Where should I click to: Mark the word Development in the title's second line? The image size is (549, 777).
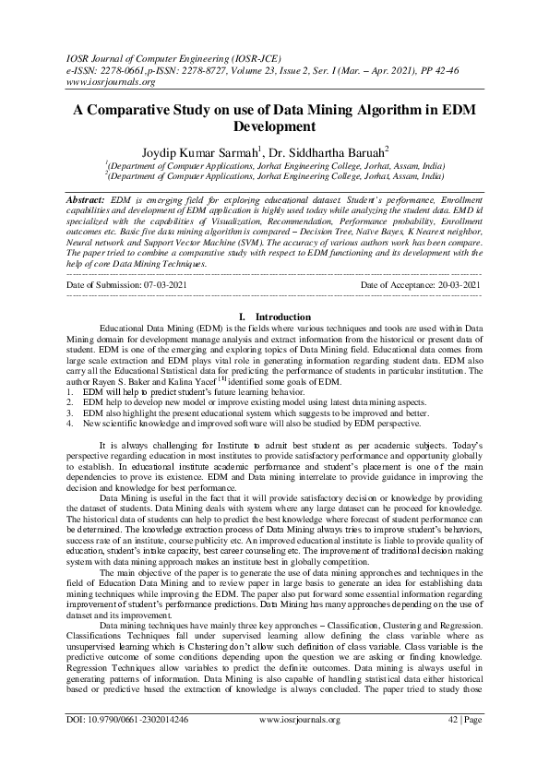click(x=274, y=126)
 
